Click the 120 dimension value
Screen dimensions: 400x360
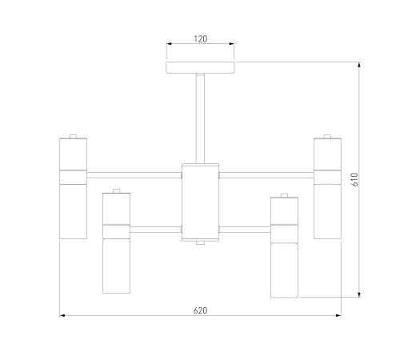(x=200, y=39)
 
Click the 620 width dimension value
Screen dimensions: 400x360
(x=200, y=310)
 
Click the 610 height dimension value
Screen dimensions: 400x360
(x=355, y=179)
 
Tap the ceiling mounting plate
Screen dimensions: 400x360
(x=200, y=67)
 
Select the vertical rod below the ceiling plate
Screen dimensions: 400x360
(x=200, y=118)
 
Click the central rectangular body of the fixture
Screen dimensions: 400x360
(x=200, y=202)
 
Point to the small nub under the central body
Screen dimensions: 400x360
(x=200, y=242)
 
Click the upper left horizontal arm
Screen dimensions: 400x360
(x=134, y=175)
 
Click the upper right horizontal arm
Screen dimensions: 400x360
(x=266, y=175)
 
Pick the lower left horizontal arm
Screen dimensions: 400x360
(x=156, y=230)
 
